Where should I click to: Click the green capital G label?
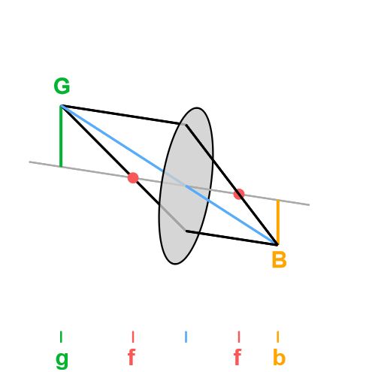coord(62,86)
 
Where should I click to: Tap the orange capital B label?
coord(279,260)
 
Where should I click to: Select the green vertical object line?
coord(61,136)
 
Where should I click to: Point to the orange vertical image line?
coord(278,222)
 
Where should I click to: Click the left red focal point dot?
coord(133,178)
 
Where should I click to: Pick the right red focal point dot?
coord(239,194)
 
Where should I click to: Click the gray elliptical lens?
coord(186,186)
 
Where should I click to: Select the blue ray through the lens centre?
coord(169,175)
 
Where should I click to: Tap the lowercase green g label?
coord(62,359)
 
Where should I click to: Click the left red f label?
coord(132,357)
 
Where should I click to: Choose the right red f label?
coord(237,357)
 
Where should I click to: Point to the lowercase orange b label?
coord(280,357)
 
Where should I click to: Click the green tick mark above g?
coord(61,337)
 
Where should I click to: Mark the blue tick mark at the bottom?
coord(186,337)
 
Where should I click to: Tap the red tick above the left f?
coord(133,337)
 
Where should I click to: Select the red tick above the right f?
coord(239,337)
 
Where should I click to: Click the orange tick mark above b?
coord(278,337)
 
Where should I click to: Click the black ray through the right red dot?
coord(231,185)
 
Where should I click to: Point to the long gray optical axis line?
coord(169,183)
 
